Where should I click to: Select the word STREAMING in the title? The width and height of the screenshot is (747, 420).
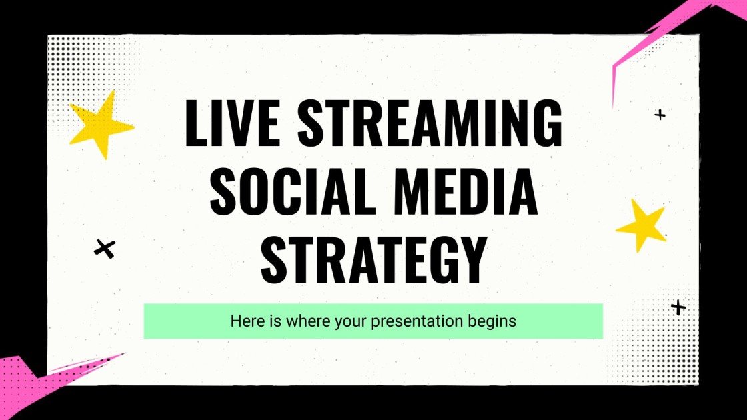click(430, 125)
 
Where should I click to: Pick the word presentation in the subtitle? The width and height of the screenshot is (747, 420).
click(418, 321)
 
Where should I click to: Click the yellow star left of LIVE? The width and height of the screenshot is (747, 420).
click(99, 123)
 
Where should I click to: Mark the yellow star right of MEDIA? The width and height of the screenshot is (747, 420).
click(642, 225)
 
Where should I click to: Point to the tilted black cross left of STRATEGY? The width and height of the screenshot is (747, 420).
click(105, 249)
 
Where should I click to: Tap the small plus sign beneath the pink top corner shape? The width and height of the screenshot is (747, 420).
click(660, 115)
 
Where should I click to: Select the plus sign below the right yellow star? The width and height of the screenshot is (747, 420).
click(678, 307)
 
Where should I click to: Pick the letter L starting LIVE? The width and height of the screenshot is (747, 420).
click(195, 125)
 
